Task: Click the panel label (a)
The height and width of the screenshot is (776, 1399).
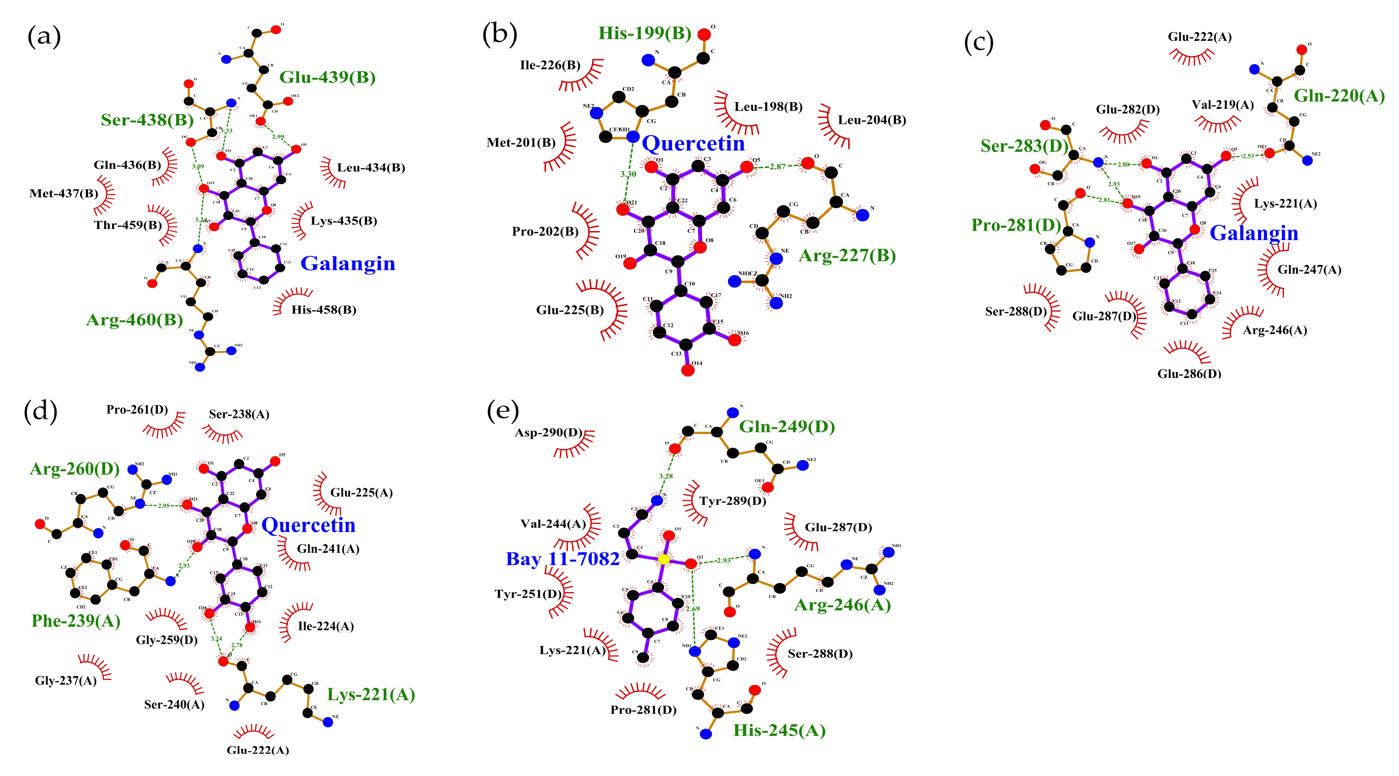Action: point(44,37)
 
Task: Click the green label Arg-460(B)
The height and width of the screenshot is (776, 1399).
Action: point(134,320)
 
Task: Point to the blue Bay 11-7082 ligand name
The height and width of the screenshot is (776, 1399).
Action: point(562,559)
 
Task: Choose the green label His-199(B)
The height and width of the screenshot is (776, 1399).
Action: point(644,33)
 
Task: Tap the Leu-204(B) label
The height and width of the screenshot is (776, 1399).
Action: point(872,120)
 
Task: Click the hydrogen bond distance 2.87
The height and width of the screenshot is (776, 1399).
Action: point(777,167)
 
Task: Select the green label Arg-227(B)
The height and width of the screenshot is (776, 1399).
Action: point(847,255)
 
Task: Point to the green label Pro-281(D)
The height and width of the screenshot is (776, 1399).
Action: point(1016,225)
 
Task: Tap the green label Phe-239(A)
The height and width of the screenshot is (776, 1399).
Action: point(76,621)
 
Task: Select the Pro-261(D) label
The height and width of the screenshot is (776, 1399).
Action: point(137,409)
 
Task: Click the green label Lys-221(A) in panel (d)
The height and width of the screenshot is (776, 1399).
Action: point(370,694)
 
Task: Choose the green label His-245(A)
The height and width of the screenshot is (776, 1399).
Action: point(779,730)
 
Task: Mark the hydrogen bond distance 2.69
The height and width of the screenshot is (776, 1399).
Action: point(692,609)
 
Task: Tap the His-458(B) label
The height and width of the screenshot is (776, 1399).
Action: point(324,310)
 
